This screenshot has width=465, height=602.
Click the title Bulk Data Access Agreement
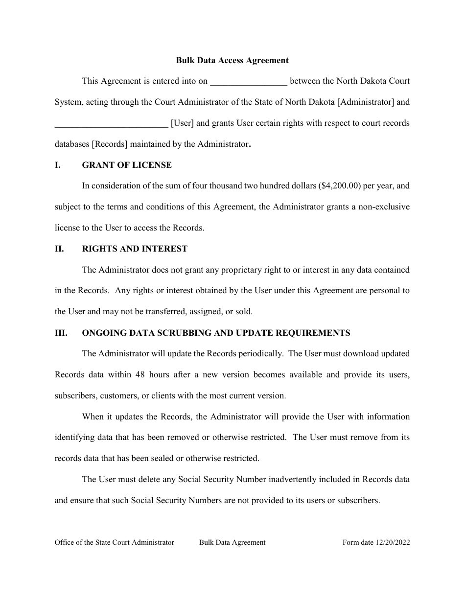tap(232, 61)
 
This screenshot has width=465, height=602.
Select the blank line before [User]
tap(111, 124)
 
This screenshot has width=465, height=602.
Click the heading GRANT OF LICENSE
tap(127, 165)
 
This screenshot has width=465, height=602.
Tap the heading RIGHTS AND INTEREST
tap(135, 249)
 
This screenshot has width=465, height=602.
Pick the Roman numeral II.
tap(59, 249)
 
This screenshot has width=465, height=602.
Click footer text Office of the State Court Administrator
tap(115, 542)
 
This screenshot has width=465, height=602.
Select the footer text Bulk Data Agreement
tap(232, 542)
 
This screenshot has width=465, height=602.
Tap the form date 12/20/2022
tap(393, 542)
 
